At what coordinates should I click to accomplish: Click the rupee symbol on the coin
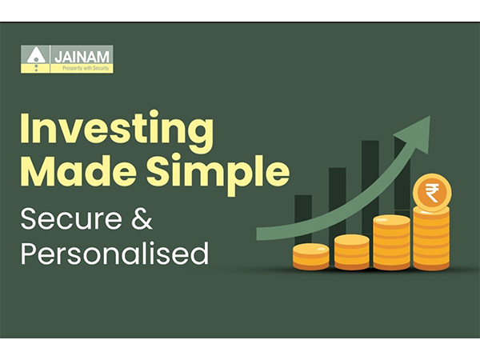pos(432,194)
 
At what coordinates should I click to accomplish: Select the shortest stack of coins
pos(310,256)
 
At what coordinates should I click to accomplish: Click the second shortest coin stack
pos(351,251)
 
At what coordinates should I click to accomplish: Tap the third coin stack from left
pos(392,241)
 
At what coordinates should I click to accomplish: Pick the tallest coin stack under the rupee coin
pos(432,238)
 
